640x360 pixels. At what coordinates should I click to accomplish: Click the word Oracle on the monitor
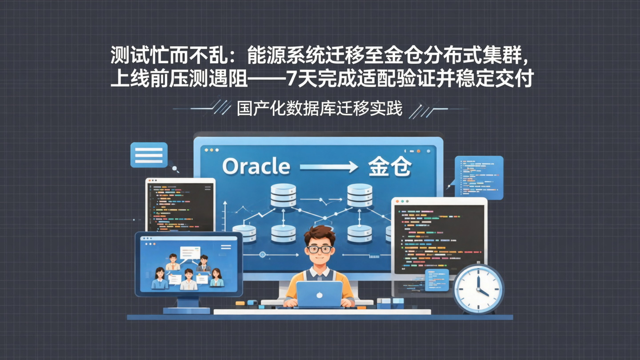pos(256,167)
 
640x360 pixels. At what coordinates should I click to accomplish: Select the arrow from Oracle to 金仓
pos(329,167)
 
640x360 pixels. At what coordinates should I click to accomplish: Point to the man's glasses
pos(319,249)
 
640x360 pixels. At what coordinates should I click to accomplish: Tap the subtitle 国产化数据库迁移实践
pos(319,108)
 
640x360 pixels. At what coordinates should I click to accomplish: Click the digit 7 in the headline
pos(292,79)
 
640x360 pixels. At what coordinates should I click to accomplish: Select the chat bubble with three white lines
pos(148,155)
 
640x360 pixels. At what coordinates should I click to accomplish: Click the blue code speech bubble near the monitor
pos(480,177)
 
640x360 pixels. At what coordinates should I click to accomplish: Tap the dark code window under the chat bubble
pos(180,205)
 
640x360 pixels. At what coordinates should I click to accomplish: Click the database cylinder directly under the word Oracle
pos(283,196)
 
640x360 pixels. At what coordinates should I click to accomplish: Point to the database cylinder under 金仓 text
pos(360,196)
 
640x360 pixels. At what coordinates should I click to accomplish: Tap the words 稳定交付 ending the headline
pos(500,79)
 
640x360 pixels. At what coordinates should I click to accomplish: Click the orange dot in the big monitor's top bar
pos(418,151)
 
